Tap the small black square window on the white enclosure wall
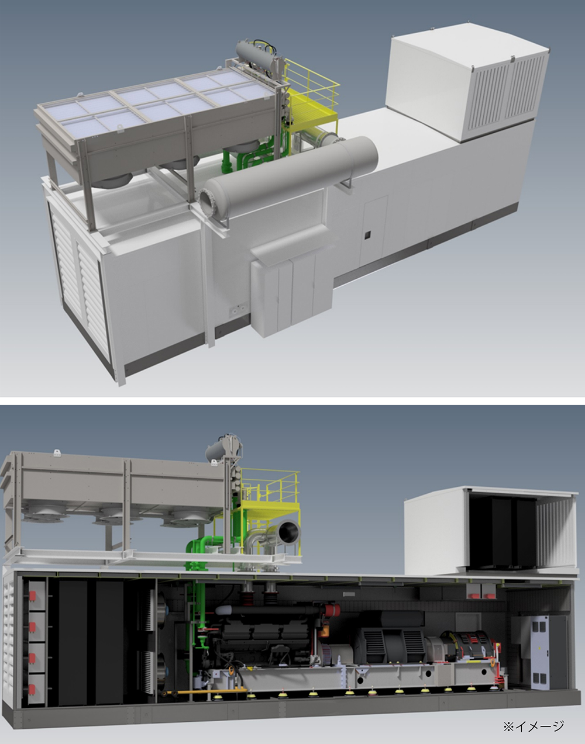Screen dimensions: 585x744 367,235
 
